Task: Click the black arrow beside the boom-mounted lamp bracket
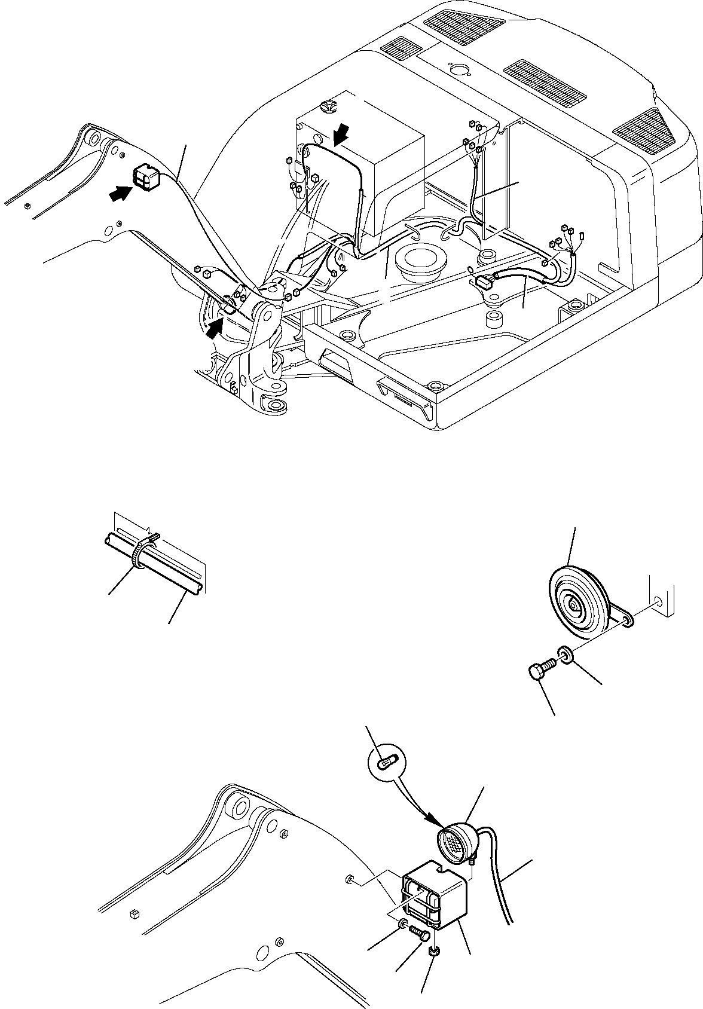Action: point(120,193)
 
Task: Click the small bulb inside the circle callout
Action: point(386,763)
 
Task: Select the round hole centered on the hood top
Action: point(457,71)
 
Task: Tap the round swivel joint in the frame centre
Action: point(421,261)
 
